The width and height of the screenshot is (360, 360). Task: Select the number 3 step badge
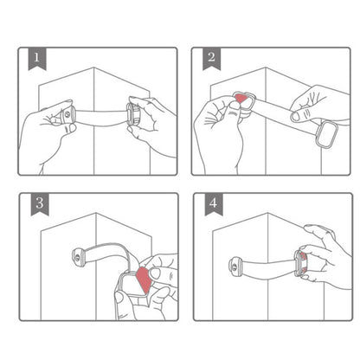pyautogui.click(x=36, y=207)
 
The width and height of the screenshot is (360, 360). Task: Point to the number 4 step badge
pyautogui.click(x=211, y=207)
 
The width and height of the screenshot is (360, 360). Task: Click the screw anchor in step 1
pyautogui.click(x=68, y=114)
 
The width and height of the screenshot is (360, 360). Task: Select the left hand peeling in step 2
pyautogui.click(x=221, y=130)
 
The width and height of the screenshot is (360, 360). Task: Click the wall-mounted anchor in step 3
pyautogui.click(x=77, y=255)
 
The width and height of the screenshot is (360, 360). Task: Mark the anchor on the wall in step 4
pyautogui.click(x=236, y=263)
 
